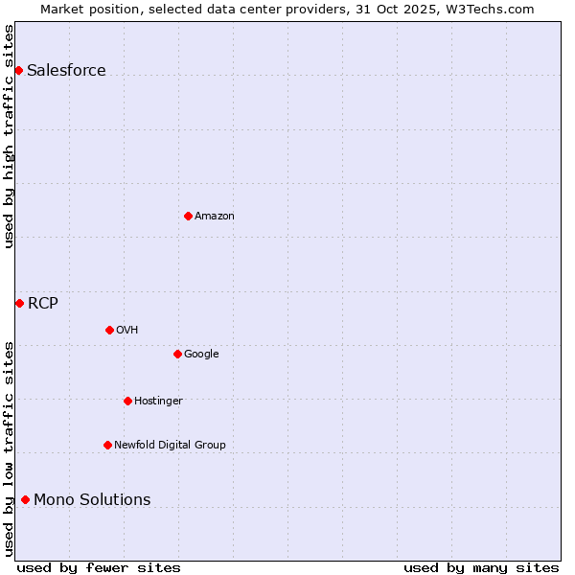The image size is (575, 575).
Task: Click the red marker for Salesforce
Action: coord(18,70)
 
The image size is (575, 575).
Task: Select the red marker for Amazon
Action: coord(188,216)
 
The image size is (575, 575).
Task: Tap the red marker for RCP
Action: coord(19,303)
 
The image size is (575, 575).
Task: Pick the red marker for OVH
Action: coord(109,330)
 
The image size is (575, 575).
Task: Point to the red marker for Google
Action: coord(177,354)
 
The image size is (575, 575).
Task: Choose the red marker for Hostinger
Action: coord(127,401)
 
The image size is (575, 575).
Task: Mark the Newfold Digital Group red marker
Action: coord(107,445)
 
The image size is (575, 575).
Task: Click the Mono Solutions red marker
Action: coord(25,499)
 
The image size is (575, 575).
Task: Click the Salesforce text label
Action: coord(66,70)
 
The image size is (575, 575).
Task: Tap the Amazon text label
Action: coord(215,216)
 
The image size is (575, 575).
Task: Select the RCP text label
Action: coord(42,304)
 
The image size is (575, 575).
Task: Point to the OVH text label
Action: coord(127,330)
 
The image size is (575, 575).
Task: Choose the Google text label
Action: coord(201,354)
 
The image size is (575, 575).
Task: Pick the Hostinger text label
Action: coord(158,401)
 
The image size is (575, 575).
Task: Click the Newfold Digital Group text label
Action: coord(170,445)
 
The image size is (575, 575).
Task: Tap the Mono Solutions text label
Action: coord(92,499)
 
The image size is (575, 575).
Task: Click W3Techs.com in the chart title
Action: coord(486,9)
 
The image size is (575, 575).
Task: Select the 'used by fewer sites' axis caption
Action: coord(99,567)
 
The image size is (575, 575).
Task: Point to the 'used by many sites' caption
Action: coord(481,567)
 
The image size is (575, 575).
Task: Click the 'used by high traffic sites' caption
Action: coord(9,136)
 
